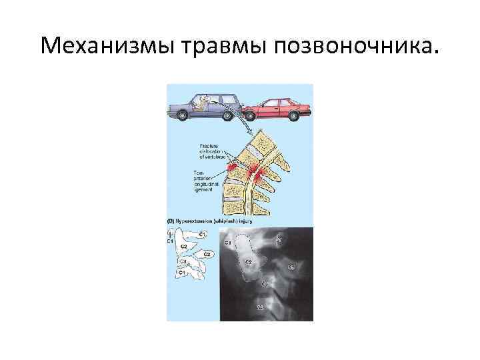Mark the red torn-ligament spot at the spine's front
tap(233, 167)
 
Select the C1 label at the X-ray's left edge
tap(227, 242)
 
